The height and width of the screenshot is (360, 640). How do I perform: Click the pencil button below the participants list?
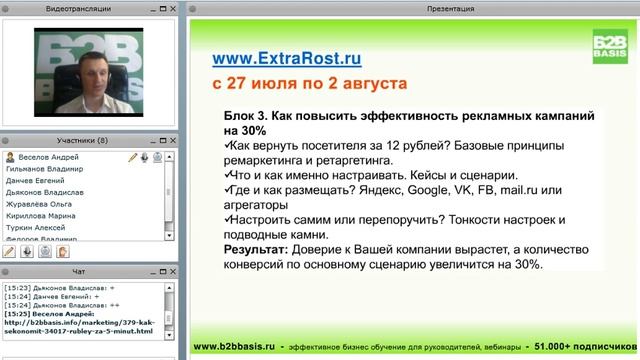click(10, 251)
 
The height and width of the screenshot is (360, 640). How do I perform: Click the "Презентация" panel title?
click(411, 6)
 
